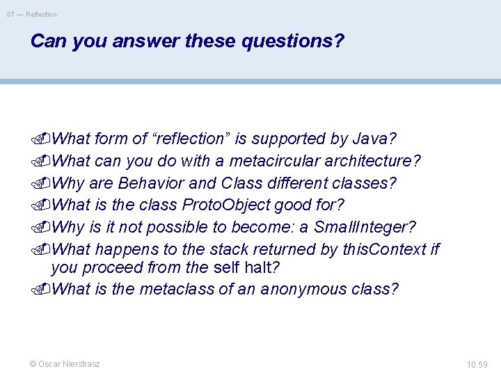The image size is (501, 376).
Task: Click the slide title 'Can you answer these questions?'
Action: (187, 42)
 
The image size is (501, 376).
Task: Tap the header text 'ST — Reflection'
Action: (32, 14)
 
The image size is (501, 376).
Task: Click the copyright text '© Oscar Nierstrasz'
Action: (65, 364)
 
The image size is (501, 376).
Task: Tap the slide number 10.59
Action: (477, 364)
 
